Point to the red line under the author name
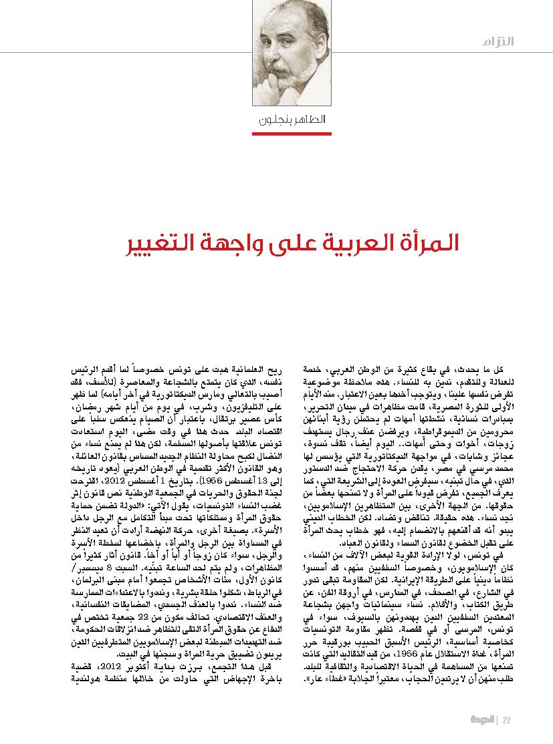[x=286, y=133]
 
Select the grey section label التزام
[x=517, y=41]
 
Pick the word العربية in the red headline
[x=354, y=243]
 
